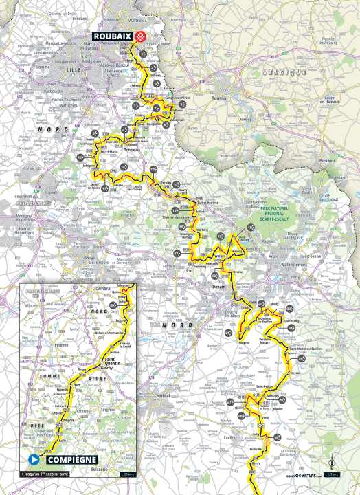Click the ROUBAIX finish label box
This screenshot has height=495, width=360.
click(x=114, y=38)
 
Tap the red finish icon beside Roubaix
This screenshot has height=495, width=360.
click(x=142, y=38)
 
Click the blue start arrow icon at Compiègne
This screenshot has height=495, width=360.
click(x=32, y=459)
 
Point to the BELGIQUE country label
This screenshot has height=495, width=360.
click(x=285, y=72)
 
